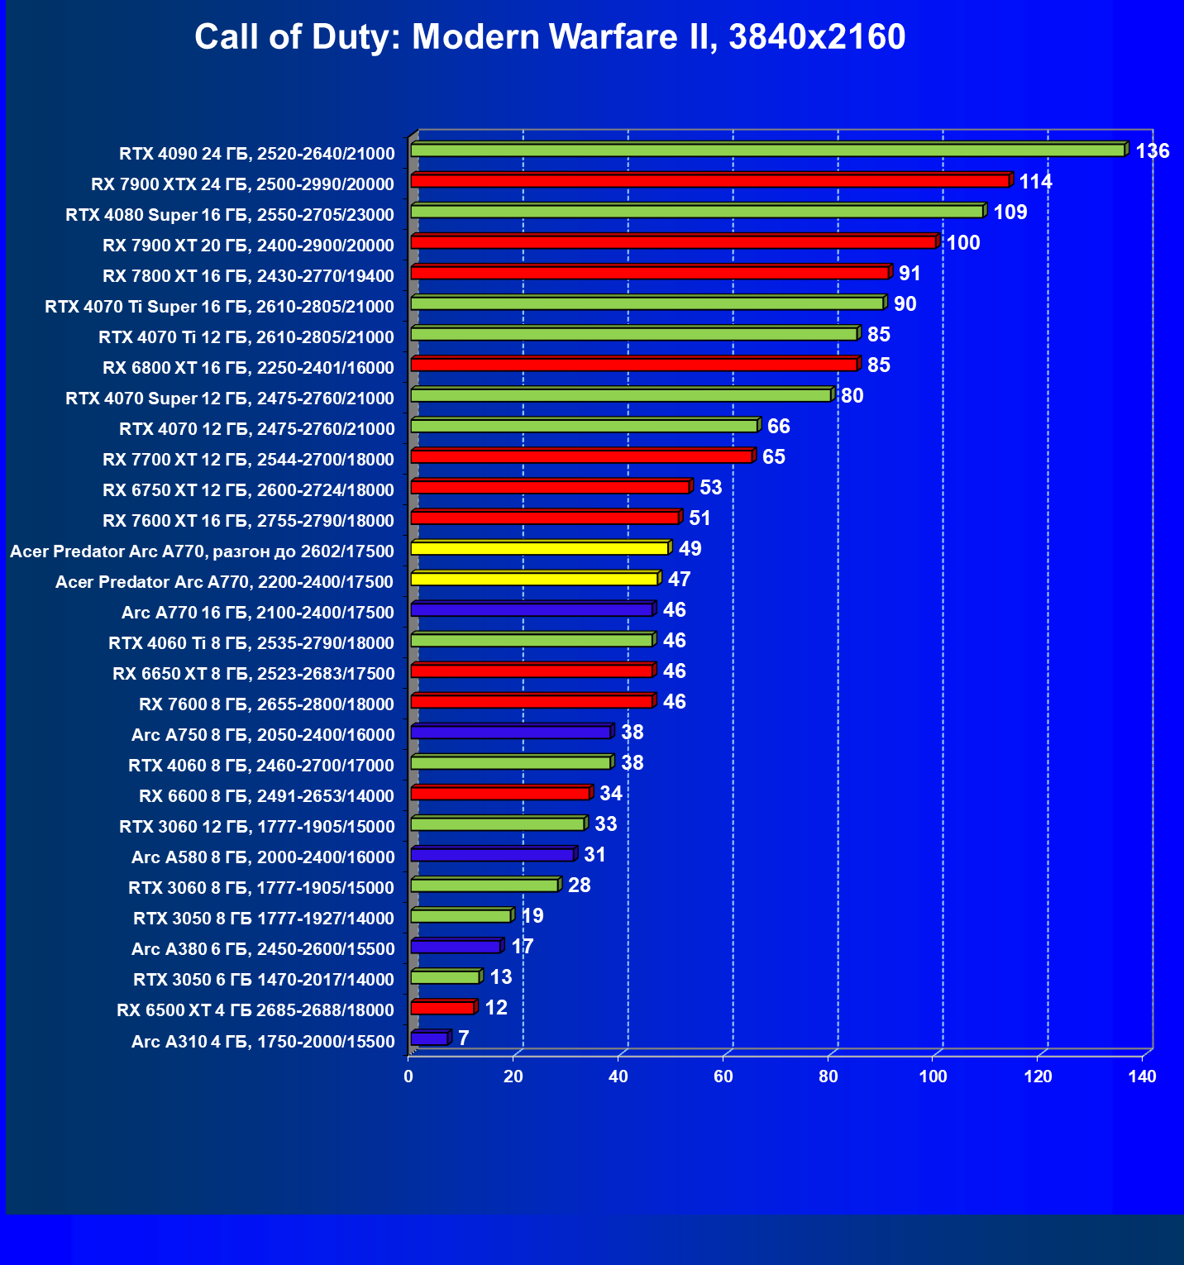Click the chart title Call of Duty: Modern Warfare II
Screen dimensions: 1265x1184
pyautogui.click(x=550, y=37)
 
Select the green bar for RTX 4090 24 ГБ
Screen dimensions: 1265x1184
pyautogui.click(x=767, y=150)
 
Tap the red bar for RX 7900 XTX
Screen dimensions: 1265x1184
pyautogui.click(x=709, y=181)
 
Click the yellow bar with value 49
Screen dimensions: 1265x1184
pyautogui.click(x=539, y=548)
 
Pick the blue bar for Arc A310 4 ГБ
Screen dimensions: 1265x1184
pyautogui.click(x=429, y=1038)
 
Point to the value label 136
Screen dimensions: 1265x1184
pyautogui.click(x=1153, y=151)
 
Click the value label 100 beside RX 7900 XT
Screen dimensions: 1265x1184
pyautogui.click(x=963, y=243)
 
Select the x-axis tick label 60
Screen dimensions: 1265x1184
pyautogui.click(x=723, y=1076)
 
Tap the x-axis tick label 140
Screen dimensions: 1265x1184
pyautogui.click(x=1143, y=1076)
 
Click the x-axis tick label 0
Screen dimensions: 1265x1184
pyautogui.click(x=408, y=1076)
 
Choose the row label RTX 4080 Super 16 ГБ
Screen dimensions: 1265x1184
pyautogui.click(x=230, y=215)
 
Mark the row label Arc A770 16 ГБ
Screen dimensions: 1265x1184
pyautogui.click(x=258, y=613)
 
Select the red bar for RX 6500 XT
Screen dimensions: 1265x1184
pyautogui.click(x=442, y=1008)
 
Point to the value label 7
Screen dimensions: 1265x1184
pyautogui.click(x=464, y=1038)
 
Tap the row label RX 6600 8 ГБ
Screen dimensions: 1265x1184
pyautogui.click(x=267, y=796)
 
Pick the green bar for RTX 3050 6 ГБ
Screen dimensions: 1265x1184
pyautogui.click(x=445, y=977)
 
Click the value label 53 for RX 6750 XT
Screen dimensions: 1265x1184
pyautogui.click(x=710, y=488)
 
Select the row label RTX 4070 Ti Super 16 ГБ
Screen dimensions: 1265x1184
pyautogui.click(x=220, y=307)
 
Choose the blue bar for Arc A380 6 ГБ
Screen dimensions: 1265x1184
pyautogui.click(x=456, y=947)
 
